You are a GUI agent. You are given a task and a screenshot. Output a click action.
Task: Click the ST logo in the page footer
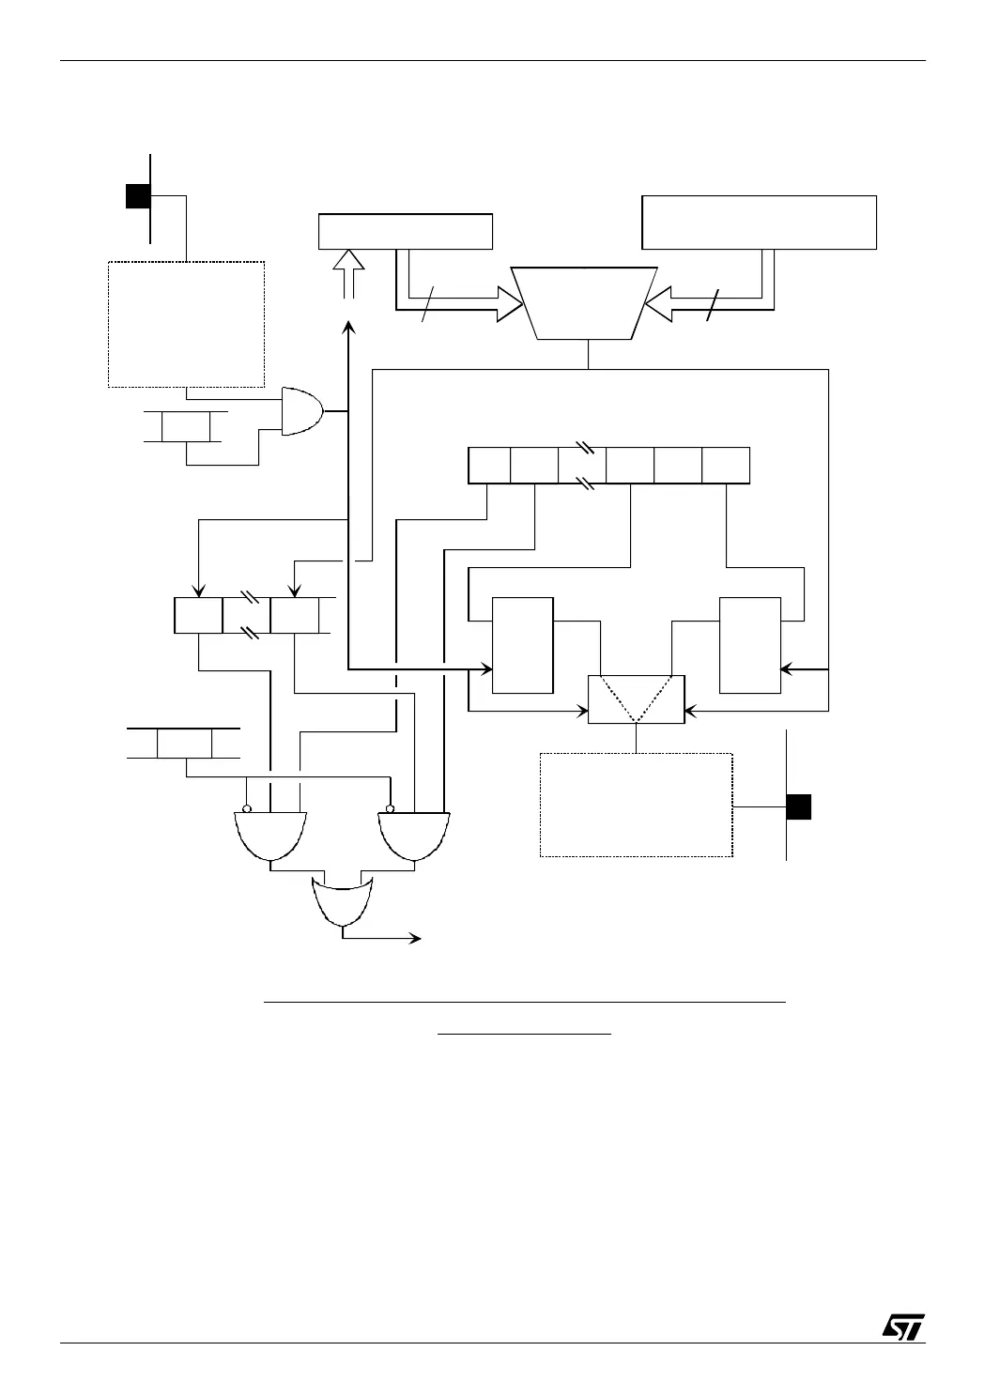pos(902,1326)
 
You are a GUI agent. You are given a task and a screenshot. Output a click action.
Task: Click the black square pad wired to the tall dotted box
pos(138,195)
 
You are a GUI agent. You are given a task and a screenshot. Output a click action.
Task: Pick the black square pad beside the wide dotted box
pos(799,806)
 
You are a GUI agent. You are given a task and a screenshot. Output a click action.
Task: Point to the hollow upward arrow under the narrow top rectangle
pos(348,273)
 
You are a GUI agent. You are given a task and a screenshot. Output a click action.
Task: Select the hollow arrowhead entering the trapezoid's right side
pos(659,302)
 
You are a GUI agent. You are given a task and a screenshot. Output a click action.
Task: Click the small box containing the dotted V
pos(637,699)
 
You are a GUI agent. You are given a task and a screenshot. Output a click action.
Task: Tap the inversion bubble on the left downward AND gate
pos(247,808)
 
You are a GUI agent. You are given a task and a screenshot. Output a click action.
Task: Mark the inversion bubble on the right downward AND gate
pos(390,808)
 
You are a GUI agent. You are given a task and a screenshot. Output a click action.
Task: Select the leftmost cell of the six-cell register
pos(489,466)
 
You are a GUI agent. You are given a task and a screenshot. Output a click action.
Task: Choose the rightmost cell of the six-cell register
pos(726,466)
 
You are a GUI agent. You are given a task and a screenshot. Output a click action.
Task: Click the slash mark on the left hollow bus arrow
pos(428,306)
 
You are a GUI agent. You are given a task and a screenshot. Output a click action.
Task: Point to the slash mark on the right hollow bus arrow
pos(711,306)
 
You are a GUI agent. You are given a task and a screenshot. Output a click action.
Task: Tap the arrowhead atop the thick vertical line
pos(348,327)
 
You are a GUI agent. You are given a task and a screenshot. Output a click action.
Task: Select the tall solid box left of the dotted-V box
pos(523,644)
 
